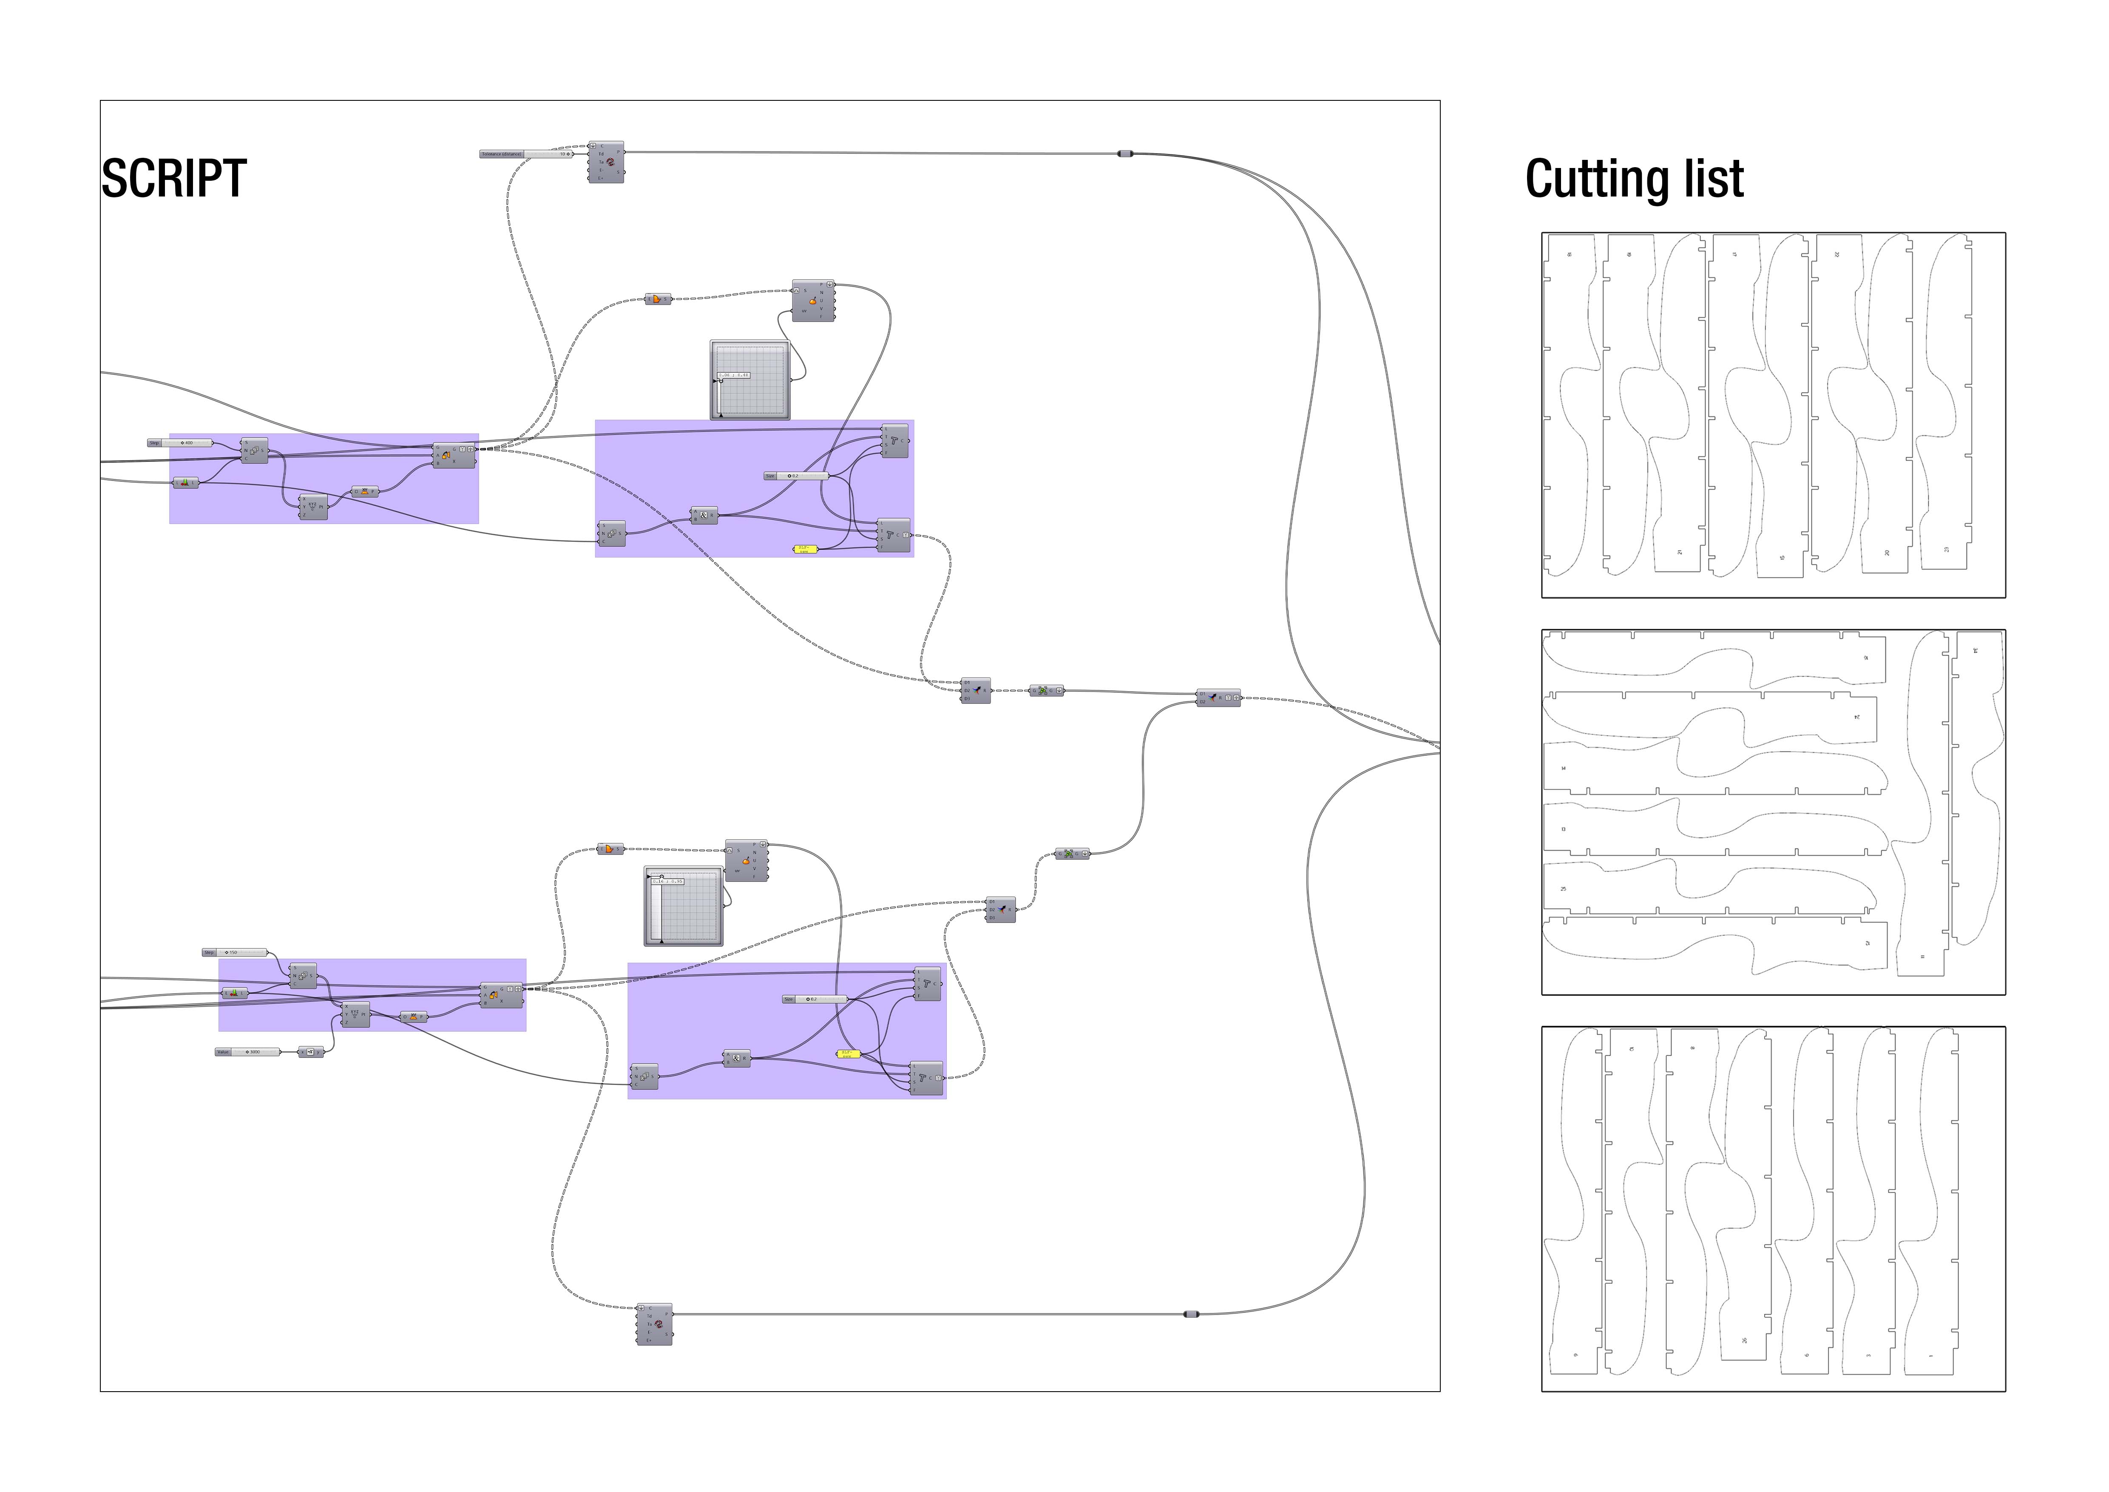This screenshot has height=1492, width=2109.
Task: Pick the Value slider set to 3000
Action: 248,1052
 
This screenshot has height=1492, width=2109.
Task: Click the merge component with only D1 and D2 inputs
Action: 1218,698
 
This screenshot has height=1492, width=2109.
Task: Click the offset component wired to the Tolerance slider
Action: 606,162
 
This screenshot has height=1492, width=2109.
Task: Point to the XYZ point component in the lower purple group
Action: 356,1015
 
